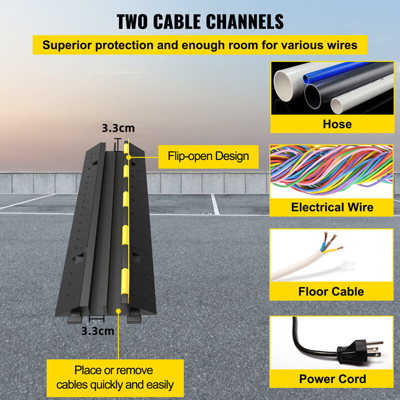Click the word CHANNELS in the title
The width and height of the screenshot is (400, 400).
(244, 21)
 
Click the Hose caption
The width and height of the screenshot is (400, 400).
(337, 124)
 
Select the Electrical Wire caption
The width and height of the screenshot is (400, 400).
(332, 207)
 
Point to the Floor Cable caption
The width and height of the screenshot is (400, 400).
(331, 291)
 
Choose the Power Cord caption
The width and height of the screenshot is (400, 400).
(332, 379)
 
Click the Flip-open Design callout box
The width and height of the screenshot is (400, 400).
(208, 156)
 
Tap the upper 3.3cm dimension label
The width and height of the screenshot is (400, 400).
(118, 128)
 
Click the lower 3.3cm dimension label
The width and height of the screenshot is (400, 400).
(97, 331)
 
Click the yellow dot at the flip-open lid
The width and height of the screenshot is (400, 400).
(128, 157)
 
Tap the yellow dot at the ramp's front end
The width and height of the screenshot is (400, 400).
(118, 311)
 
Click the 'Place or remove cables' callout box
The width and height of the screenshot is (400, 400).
(115, 378)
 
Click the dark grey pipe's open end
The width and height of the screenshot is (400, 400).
(312, 96)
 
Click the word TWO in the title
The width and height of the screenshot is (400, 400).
(132, 21)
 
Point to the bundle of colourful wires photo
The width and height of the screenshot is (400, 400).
(331, 171)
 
